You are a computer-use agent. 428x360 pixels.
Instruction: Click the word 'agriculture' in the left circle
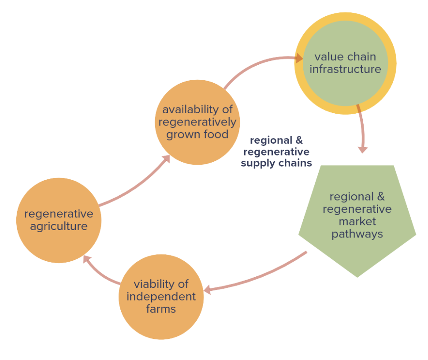[x=59, y=226]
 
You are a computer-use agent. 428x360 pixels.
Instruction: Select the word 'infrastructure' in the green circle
[x=345, y=69]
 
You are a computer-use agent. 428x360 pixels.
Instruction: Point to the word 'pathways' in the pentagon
[x=357, y=234]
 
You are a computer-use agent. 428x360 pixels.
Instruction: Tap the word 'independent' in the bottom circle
[x=161, y=296]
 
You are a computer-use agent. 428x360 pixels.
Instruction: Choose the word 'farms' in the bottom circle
[x=161, y=308]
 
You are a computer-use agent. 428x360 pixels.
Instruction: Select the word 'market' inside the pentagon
[x=357, y=221]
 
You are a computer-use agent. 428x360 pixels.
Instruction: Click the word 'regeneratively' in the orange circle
[x=197, y=122]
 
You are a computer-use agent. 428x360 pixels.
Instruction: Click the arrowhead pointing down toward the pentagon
[x=362, y=149]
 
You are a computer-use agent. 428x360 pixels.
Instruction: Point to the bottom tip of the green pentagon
[x=357, y=276]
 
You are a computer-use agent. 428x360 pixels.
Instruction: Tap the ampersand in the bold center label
[x=298, y=141]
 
